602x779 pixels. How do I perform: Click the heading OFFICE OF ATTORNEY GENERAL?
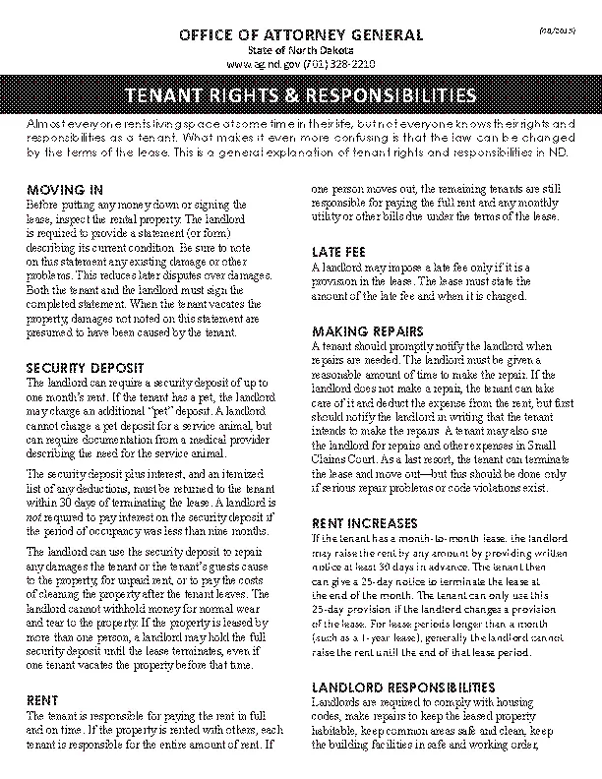(301, 35)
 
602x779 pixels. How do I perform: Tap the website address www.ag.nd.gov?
(261, 62)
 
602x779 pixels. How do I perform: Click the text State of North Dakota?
(301, 49)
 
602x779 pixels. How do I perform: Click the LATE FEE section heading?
(339, 251)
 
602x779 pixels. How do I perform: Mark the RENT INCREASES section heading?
(364, 522)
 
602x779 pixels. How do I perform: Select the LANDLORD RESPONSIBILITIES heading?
(404, 686)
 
